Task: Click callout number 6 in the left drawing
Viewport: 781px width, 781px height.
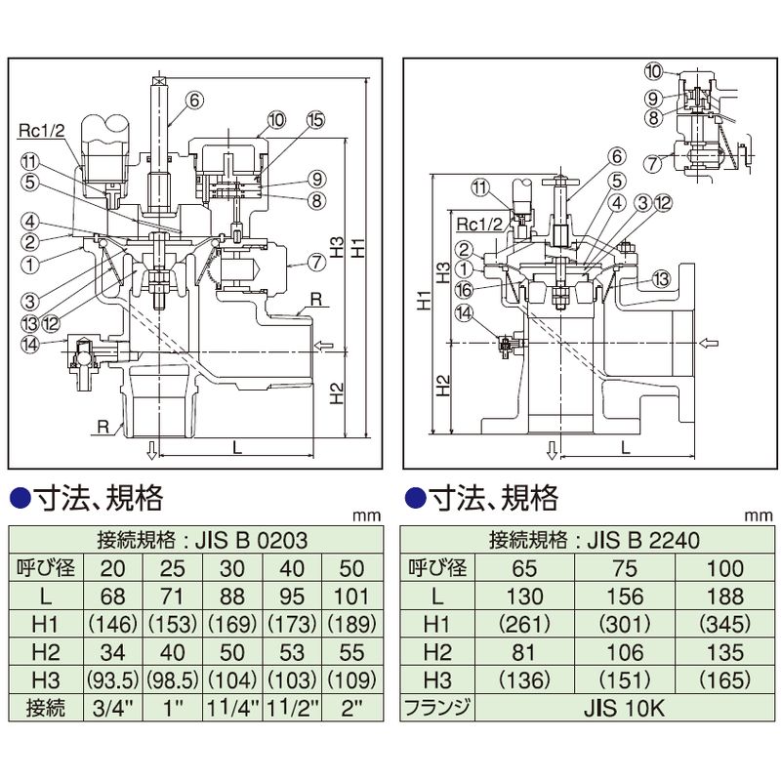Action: (194, 99)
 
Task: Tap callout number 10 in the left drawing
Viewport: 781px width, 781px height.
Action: (274, 120)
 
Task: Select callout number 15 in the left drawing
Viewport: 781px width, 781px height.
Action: (314, 120)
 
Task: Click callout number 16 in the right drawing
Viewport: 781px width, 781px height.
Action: (465, 288)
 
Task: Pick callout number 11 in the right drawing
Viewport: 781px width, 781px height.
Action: (478, 186)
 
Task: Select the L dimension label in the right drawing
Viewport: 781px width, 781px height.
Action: (624, 446)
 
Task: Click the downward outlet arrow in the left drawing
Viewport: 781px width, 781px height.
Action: (151, 449)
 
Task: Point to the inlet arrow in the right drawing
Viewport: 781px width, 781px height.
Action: (710, 343)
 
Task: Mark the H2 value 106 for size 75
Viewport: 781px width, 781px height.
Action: (624, 650)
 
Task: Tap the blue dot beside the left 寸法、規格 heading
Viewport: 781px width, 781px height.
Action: (21, 498)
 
